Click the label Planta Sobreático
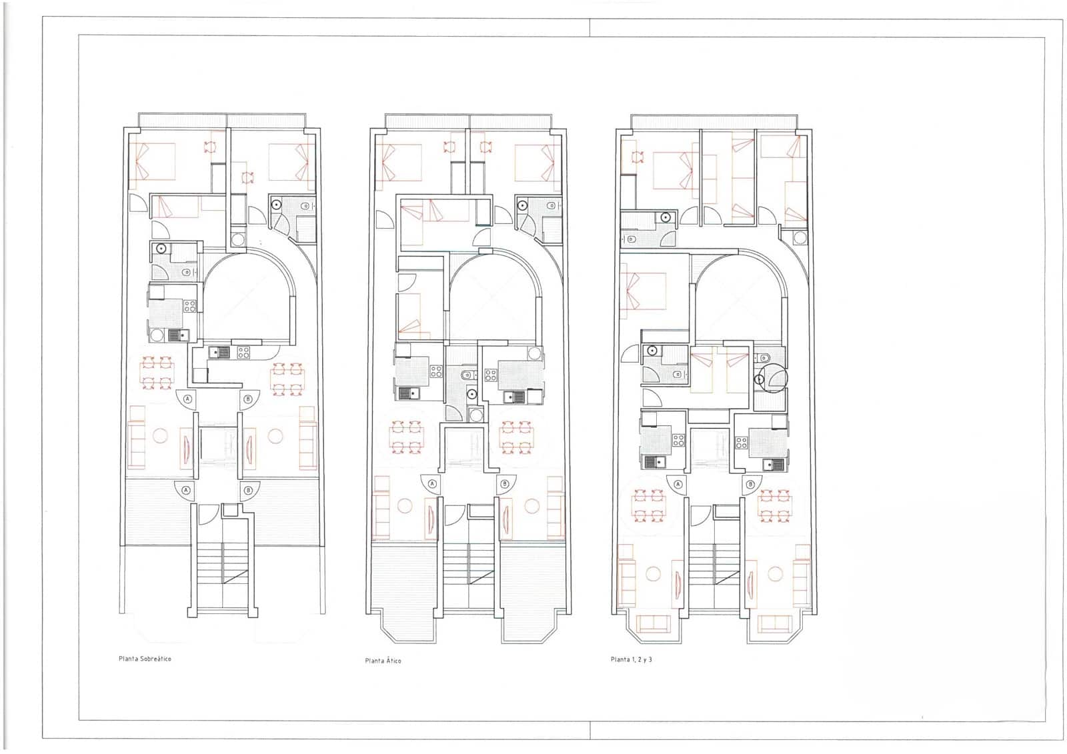click(145, 659)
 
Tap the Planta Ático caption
click(383, 661)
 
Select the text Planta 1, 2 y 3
click(631, 659)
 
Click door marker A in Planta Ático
click(432, 484)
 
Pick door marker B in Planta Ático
click(504, 484)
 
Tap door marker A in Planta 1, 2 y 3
click(678, 485)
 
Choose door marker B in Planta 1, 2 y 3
click(750, 485)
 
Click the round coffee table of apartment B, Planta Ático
click(532, 507)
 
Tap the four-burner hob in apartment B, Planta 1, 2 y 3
click(741, 441)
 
